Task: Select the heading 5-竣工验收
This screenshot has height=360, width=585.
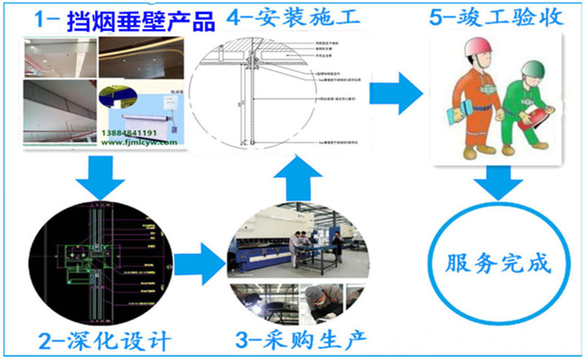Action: click(x=494, y=16)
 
